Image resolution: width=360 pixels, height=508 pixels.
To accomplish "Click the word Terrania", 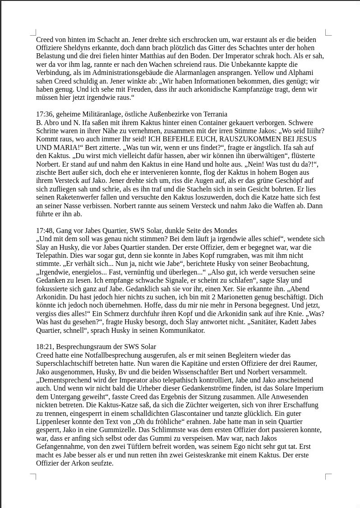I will (211, 114).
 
